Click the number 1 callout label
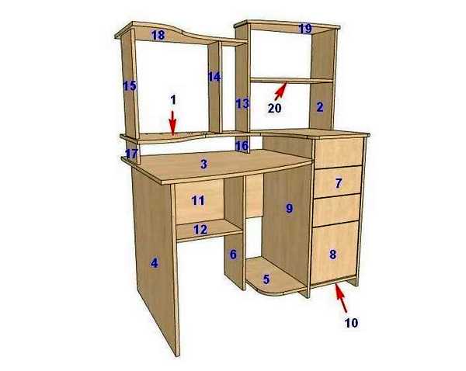[x=173, y=100]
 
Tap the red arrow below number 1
[x=172, y=123]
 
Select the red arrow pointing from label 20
[x=280, y=91]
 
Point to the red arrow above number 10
[x=341, y=298]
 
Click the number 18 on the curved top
[x=158, y=35]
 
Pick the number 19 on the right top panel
[x=305, y=29]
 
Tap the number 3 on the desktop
[x=203, y=165]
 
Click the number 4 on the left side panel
[x=155, y=263]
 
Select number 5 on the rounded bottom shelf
[x=266, y=279]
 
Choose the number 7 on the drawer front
[x=339, y=183]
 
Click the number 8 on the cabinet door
[x=333, y=255]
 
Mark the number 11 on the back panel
[x=198, y=200]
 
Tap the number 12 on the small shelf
[x=200, y=229]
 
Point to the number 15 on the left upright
[x=130, y=86]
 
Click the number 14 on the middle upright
[x=214, y=77]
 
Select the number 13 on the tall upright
[x=242, y=104]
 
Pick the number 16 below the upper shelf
[x=242, y=146]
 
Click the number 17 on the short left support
[x=132, y=154]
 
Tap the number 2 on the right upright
[x=320, y=107]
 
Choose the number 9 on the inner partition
[x=289, y=208]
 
